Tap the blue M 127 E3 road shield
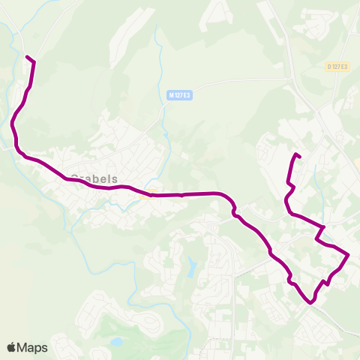coord(180,95)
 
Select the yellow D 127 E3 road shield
coord(338,67)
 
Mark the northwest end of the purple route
coord(27,57)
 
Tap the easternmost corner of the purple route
coord(349,254)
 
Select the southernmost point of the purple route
coord(310,303)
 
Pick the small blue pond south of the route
coord(193,265)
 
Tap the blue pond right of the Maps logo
coord(116,342)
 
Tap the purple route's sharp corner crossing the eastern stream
coord(323,226)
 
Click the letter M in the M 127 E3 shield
coord(172,95)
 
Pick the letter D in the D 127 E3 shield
coord(330,67)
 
